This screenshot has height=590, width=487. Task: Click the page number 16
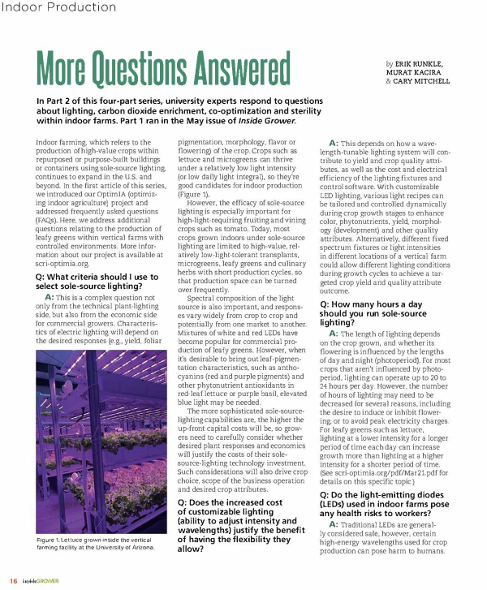14,581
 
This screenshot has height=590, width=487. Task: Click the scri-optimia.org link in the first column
62,263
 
